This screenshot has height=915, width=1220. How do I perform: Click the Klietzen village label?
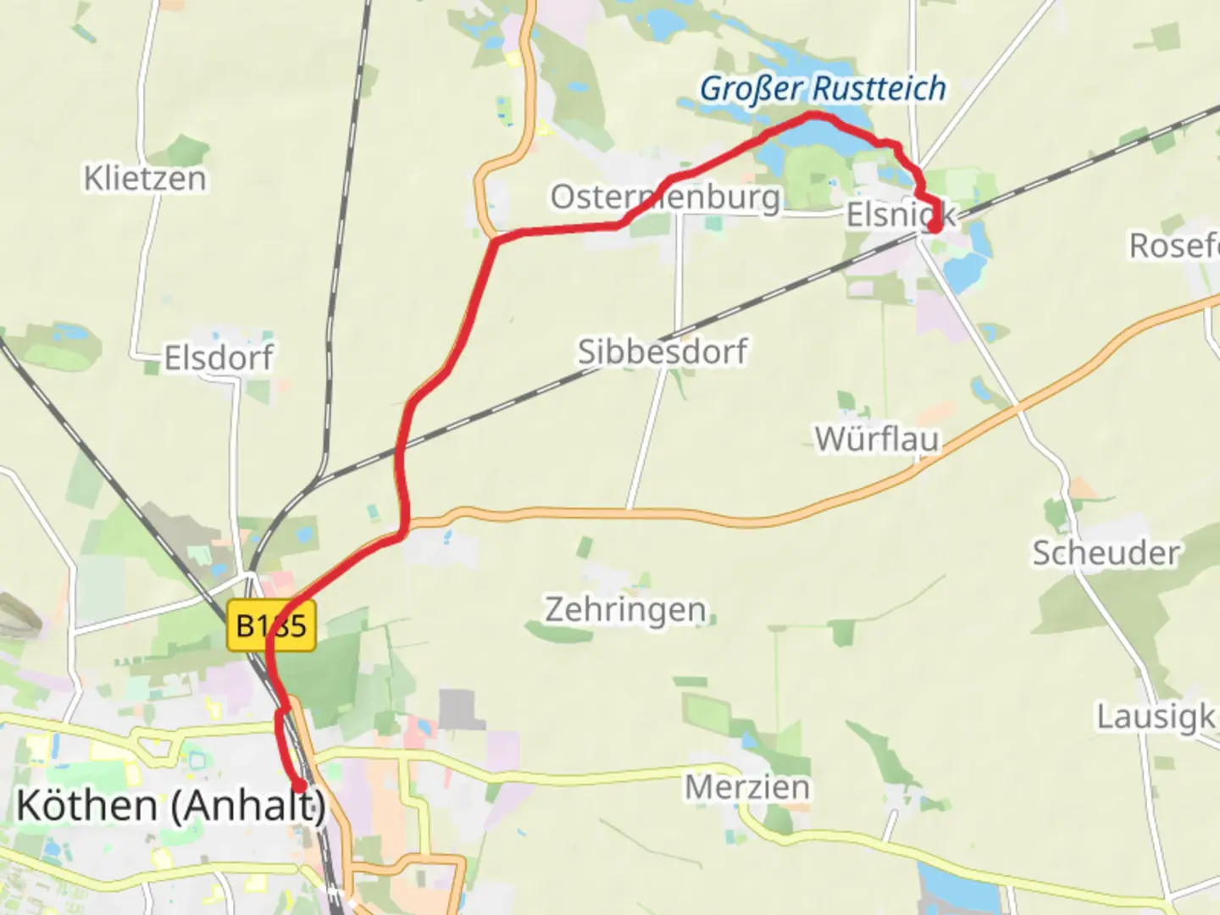pos(145,179)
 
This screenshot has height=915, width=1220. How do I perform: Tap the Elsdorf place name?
pos(219,358)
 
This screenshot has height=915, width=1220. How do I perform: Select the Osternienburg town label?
pos(665,197)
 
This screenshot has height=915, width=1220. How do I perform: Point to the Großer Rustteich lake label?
pos(822,88)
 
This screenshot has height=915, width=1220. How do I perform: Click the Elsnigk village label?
pos(900,215)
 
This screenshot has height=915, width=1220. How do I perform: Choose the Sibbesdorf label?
pos(663,351)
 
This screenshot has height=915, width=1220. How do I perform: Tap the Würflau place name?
pos(877,439)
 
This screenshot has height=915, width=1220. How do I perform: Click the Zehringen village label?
pos(625,609)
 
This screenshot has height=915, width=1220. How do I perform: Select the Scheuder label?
pos(1105,553)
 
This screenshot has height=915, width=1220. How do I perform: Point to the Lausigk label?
pos(1156,717)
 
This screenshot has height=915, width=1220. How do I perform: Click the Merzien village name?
pos(747,787)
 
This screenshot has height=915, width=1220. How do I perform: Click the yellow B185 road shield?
pos(271,626)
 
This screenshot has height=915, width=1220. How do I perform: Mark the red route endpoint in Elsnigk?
pos(934,226)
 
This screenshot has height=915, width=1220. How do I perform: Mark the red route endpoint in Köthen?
pos(298,785)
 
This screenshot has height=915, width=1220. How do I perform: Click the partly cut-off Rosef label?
pos(1174,246)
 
